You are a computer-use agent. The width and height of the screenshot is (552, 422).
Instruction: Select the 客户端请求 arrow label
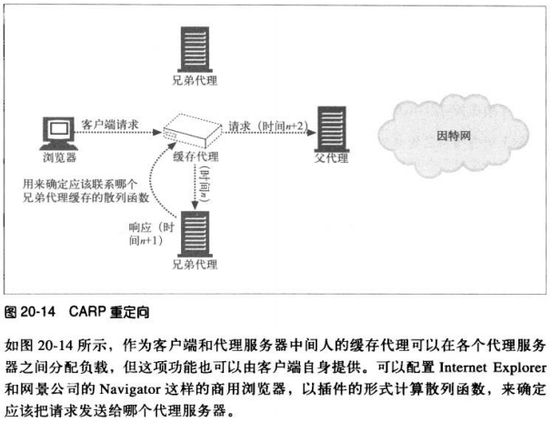pyautogui.click(x=109, y=122)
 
